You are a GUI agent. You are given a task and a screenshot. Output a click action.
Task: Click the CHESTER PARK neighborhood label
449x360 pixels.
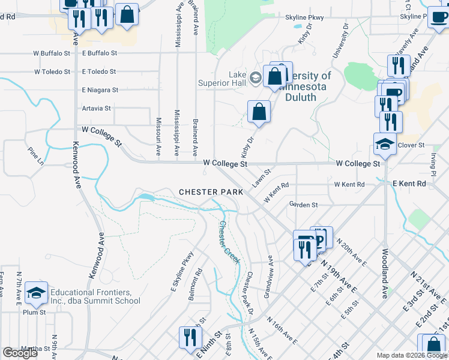[x=211, y=193]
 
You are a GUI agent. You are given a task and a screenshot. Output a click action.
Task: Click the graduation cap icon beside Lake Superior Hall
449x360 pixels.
[x=255, y=77]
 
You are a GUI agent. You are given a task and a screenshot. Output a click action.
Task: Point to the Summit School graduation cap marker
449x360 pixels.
[x=36, y=292]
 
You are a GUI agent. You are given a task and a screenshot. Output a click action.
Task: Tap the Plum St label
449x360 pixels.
[x=34, y=313]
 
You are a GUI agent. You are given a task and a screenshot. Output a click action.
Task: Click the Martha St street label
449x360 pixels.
[x=35, y=349]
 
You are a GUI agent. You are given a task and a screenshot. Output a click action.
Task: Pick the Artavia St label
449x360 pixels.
[x=96, y=109]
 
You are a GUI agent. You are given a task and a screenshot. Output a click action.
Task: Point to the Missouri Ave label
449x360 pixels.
[x=158, y=134]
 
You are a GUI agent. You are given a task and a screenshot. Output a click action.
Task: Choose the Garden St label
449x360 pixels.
[x=303, y=205]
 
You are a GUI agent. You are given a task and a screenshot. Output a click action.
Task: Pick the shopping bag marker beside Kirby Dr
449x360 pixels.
[x=259, y=112]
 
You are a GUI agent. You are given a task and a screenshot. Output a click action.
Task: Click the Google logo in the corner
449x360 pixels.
[x=20, y=353]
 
